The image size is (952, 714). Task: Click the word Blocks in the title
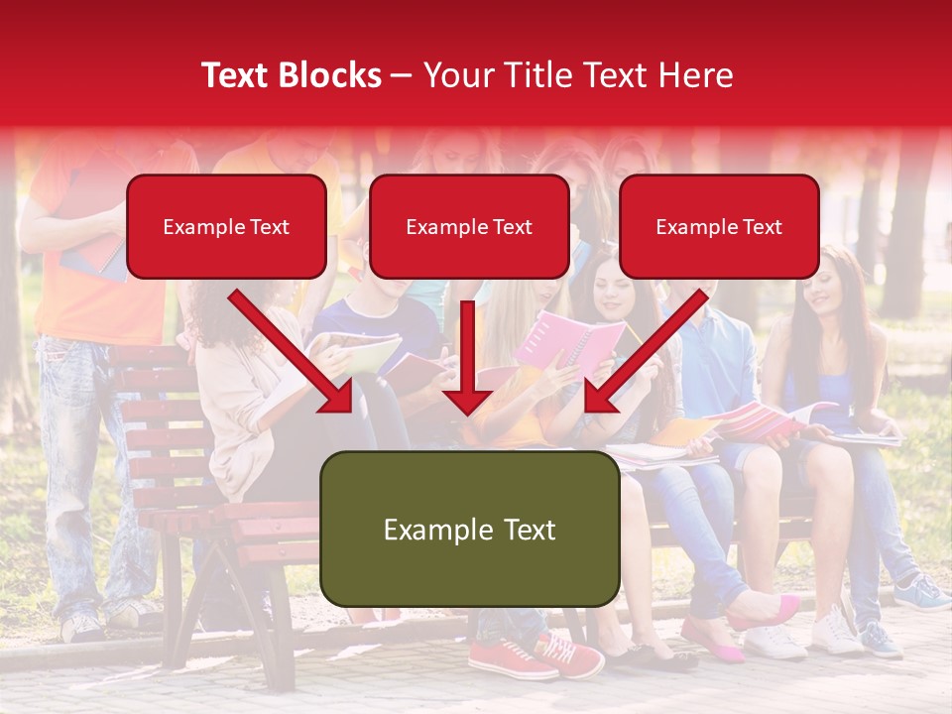331,75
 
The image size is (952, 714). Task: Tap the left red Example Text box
226,226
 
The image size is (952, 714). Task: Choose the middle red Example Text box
469,226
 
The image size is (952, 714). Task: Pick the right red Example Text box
719,226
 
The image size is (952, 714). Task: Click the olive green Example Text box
469,529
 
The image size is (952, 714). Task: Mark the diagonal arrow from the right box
646,353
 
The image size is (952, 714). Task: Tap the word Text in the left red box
270,227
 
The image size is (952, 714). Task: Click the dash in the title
402,75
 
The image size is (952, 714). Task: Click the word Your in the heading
457,75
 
